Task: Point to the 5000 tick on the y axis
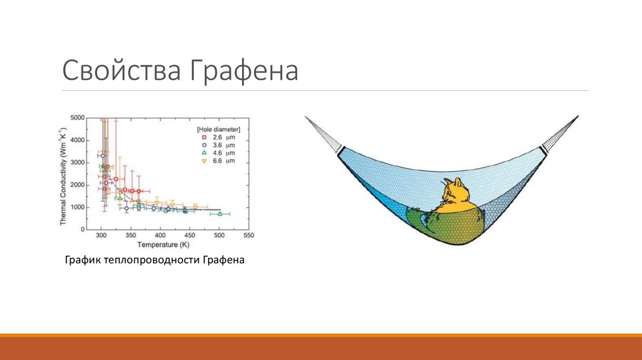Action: (x=78, y=118)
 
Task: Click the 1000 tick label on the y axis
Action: (x=78, y=208)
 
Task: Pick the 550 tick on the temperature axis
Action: (x=248, y=236)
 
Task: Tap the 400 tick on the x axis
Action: (x=160, y=236)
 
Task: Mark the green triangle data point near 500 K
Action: (x=219, y=214)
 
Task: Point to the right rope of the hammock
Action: (x=560, y=132)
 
